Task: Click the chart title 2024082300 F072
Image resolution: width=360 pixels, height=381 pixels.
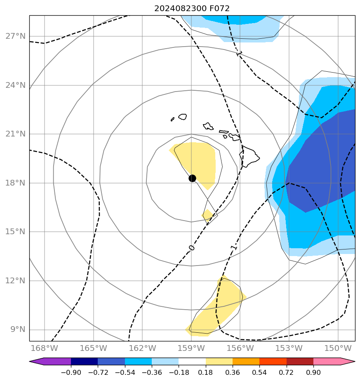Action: (192, 8)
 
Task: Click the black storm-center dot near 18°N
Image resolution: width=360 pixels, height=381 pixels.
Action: (192, 178)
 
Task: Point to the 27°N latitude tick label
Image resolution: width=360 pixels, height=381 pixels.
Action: (16, 36)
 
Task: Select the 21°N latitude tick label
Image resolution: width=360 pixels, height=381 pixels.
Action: (16, 134)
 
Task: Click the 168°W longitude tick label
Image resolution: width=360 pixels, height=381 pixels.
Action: (45, 348)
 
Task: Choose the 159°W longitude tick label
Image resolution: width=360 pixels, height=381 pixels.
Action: (191, 348)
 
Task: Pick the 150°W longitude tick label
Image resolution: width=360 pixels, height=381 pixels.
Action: (338, 348)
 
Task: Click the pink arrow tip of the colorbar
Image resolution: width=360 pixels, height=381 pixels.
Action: (348, 362)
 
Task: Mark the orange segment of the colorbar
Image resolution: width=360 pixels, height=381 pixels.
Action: (246, 362)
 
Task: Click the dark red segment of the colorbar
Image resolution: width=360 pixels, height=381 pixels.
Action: (300, 362)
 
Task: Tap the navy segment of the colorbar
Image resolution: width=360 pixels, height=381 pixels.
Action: (84, 362)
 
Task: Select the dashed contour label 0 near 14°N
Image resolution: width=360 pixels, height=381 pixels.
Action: (191, 247)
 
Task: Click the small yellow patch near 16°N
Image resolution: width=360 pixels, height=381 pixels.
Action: (207, 215)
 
